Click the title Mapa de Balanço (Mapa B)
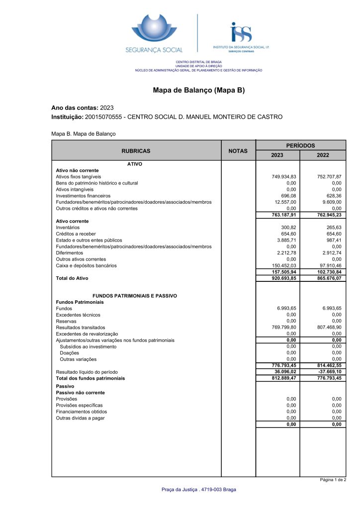(x=199, y=90)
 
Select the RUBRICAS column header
(x=136, y=151)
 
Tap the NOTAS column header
(x=238, y=151)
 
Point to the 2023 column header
(x=277, y=155)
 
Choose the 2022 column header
(x=323, y=155)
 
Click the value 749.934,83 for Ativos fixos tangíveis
(x=285, y=176)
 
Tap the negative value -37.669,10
(x=329, y=372)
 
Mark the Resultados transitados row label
(x=81, y=328)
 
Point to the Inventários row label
(x=68, y=227)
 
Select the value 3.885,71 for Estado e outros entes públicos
(x=287, y=240)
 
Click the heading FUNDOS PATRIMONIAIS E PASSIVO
(x=135, y=296)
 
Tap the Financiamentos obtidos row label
(x=81, y=412)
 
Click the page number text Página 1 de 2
(x=333, y=480)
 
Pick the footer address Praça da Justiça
(x=199, y=490)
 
